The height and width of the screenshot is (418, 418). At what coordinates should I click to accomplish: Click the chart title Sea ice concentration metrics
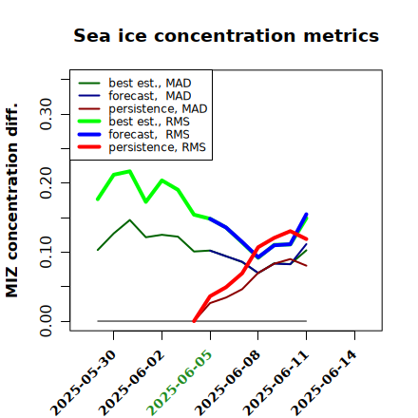pyautogui.click(x=226, y=35)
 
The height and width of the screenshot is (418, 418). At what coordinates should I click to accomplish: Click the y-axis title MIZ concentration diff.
pyautogui.click(x=12, y=200)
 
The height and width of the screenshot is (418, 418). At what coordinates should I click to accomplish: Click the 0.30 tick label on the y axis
pyautogui.click(x=46, y=114)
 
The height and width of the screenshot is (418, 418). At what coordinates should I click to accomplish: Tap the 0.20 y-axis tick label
pyautogui.click(x=46, y=182)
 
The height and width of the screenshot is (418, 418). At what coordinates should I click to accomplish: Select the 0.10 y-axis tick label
pyautogui.click(x=46, y=252)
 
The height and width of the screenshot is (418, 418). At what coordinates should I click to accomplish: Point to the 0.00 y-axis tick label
pyautogui.click(x=46, y=321)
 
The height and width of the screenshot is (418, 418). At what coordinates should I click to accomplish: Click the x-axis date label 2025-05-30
pyautogui.click(x=84, y=383)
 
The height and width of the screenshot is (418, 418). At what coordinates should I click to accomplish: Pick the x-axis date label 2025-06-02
pyautogui.click(x=132, y=383)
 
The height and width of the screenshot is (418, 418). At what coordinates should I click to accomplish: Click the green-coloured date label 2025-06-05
pyautogui.click(x=180, y=383)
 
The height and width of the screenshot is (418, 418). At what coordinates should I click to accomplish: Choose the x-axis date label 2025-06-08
pyautogui.click(x=228, y=383)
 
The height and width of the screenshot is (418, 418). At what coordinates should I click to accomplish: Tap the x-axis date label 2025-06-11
pyautogui.click(x=276, y=383)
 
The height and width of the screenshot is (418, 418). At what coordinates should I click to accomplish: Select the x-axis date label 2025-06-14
pyautogui.click(x=325, y=383)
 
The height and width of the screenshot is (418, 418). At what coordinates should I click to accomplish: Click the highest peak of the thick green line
pyautogui.click(x=129, y=171)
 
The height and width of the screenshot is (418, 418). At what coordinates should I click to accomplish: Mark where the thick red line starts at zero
pyautogui.click(x=194, y=321)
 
